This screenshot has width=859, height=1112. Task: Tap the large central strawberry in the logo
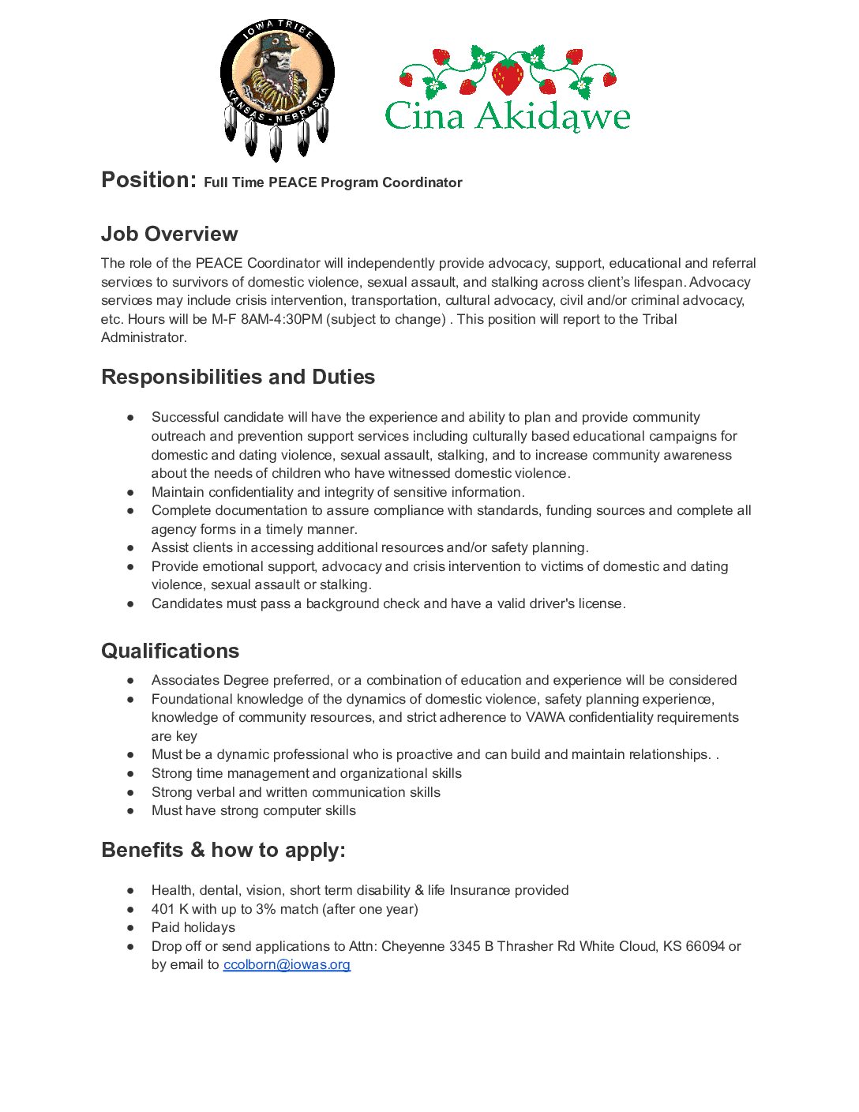click(x=508, y=76)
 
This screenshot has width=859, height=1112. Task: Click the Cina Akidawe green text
click(x=508, y=116)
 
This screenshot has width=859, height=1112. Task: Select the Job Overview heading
click(x=169, y=234)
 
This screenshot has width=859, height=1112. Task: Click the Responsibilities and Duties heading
click(x=238, y=377)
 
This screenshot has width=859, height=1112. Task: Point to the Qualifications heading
click(x=170, y=651)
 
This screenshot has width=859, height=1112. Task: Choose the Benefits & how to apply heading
click(x=223, y=850)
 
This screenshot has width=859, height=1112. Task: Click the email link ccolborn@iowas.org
click(x=287, y=964)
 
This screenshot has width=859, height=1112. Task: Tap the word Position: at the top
click(x=148, y=180)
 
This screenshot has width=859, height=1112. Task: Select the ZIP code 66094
click(x=705, y=946)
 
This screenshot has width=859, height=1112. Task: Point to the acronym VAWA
click(x=546, y=717)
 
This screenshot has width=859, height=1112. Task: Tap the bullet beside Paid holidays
click(x=130, y=927)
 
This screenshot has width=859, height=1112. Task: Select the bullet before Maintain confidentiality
click(x=130, y=492)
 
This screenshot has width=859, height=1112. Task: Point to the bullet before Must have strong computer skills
click(x=130, y=810)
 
